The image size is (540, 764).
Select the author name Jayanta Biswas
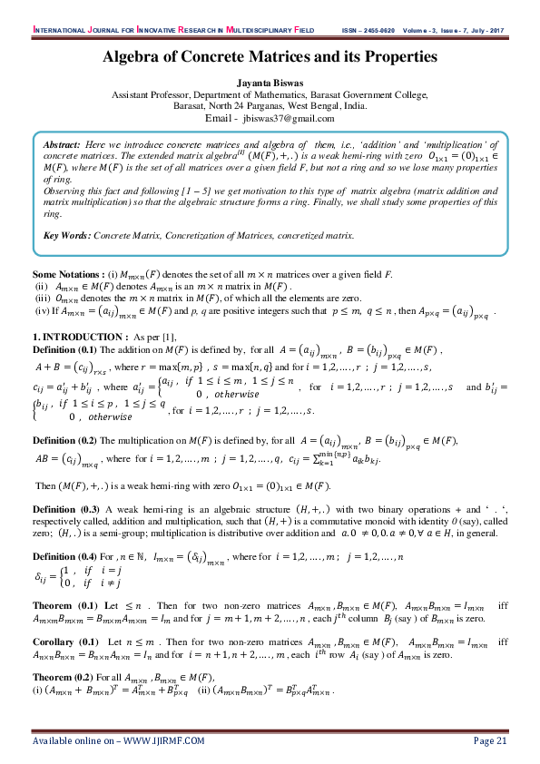click(x=270, y=82)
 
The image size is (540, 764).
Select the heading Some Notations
click(x=68, y=273)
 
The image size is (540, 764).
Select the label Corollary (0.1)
click(x=64, y=642)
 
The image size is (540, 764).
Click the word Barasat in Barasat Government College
click(x=360, y=93)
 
